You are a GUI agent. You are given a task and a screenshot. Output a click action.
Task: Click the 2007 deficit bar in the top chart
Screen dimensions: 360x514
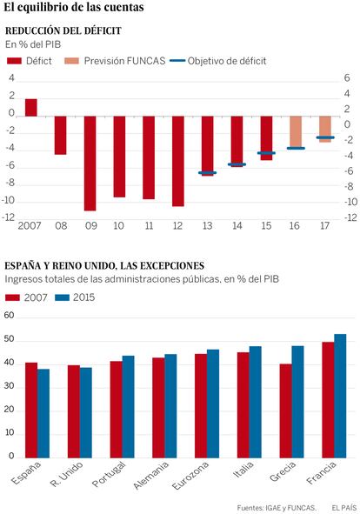[31, 108]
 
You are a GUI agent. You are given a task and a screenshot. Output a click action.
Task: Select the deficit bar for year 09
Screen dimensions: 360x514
[90, 164]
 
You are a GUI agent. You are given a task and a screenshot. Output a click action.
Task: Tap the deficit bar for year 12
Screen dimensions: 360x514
[178, 161]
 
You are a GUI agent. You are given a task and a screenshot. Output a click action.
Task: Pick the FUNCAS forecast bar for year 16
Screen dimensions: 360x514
[296, 132]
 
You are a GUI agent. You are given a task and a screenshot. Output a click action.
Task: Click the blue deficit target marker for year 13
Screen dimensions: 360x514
[207, 172]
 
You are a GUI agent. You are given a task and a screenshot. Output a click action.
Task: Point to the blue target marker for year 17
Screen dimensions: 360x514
[325, 137]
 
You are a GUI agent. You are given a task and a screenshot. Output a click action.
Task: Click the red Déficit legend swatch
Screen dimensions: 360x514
[14, 61]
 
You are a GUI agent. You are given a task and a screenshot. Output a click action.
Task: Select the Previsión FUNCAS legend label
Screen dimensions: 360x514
[124, 61]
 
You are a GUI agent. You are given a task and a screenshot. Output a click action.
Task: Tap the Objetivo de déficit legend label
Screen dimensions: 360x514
[227, 61]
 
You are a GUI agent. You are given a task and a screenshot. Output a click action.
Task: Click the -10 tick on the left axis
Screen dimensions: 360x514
[9, 200]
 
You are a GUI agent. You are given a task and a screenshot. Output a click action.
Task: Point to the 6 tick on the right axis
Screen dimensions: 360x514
[347, 78]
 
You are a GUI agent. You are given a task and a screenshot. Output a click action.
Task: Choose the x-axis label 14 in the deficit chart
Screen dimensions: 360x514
[237, 226]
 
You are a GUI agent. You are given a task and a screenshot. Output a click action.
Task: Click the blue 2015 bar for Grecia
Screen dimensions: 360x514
[297, 402]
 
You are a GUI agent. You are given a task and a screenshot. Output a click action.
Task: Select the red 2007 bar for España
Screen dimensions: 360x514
[31, 411]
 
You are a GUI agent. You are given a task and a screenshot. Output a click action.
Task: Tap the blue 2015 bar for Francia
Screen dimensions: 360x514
[340, 396]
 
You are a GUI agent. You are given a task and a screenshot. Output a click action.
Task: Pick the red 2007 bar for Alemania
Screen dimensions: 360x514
[158, 408]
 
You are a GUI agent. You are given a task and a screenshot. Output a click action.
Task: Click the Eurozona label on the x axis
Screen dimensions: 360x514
[190, 476]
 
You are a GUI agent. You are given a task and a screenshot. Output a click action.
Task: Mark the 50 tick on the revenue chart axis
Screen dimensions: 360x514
[10, 339]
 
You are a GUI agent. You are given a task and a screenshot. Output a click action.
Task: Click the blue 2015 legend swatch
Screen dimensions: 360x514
[63, 297]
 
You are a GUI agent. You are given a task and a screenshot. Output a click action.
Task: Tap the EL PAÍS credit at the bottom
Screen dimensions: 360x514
[344, 508]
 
